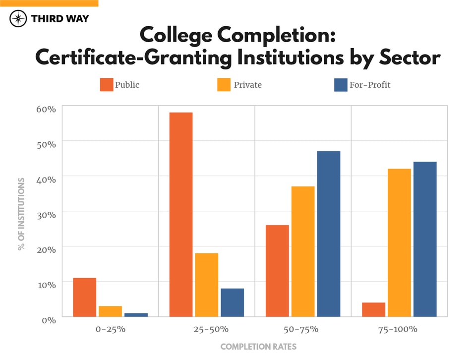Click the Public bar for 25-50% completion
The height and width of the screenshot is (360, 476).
[x=181, y=214]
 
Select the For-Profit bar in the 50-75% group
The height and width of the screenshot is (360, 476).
[x=329, y=234]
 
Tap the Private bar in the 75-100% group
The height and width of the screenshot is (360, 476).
[x=399, y=242]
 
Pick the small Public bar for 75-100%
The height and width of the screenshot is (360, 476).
[x=373, y=309]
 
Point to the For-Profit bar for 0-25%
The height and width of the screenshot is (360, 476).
[x=136, y=314]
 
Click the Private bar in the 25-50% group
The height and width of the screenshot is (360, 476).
[x=207, y=285]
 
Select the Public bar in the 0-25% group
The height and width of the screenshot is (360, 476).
[x=84, y=297]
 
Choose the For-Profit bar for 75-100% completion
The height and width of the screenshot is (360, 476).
[x=425, y=239]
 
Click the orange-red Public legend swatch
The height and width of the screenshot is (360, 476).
[x=107, y=85]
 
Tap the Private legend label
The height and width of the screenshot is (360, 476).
[x=247, y=85]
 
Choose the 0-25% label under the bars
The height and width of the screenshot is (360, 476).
[x=110, y=329]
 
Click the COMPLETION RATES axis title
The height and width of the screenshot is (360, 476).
[x=258, y=347]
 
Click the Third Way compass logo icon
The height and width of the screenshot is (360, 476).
[x=18, y=19]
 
